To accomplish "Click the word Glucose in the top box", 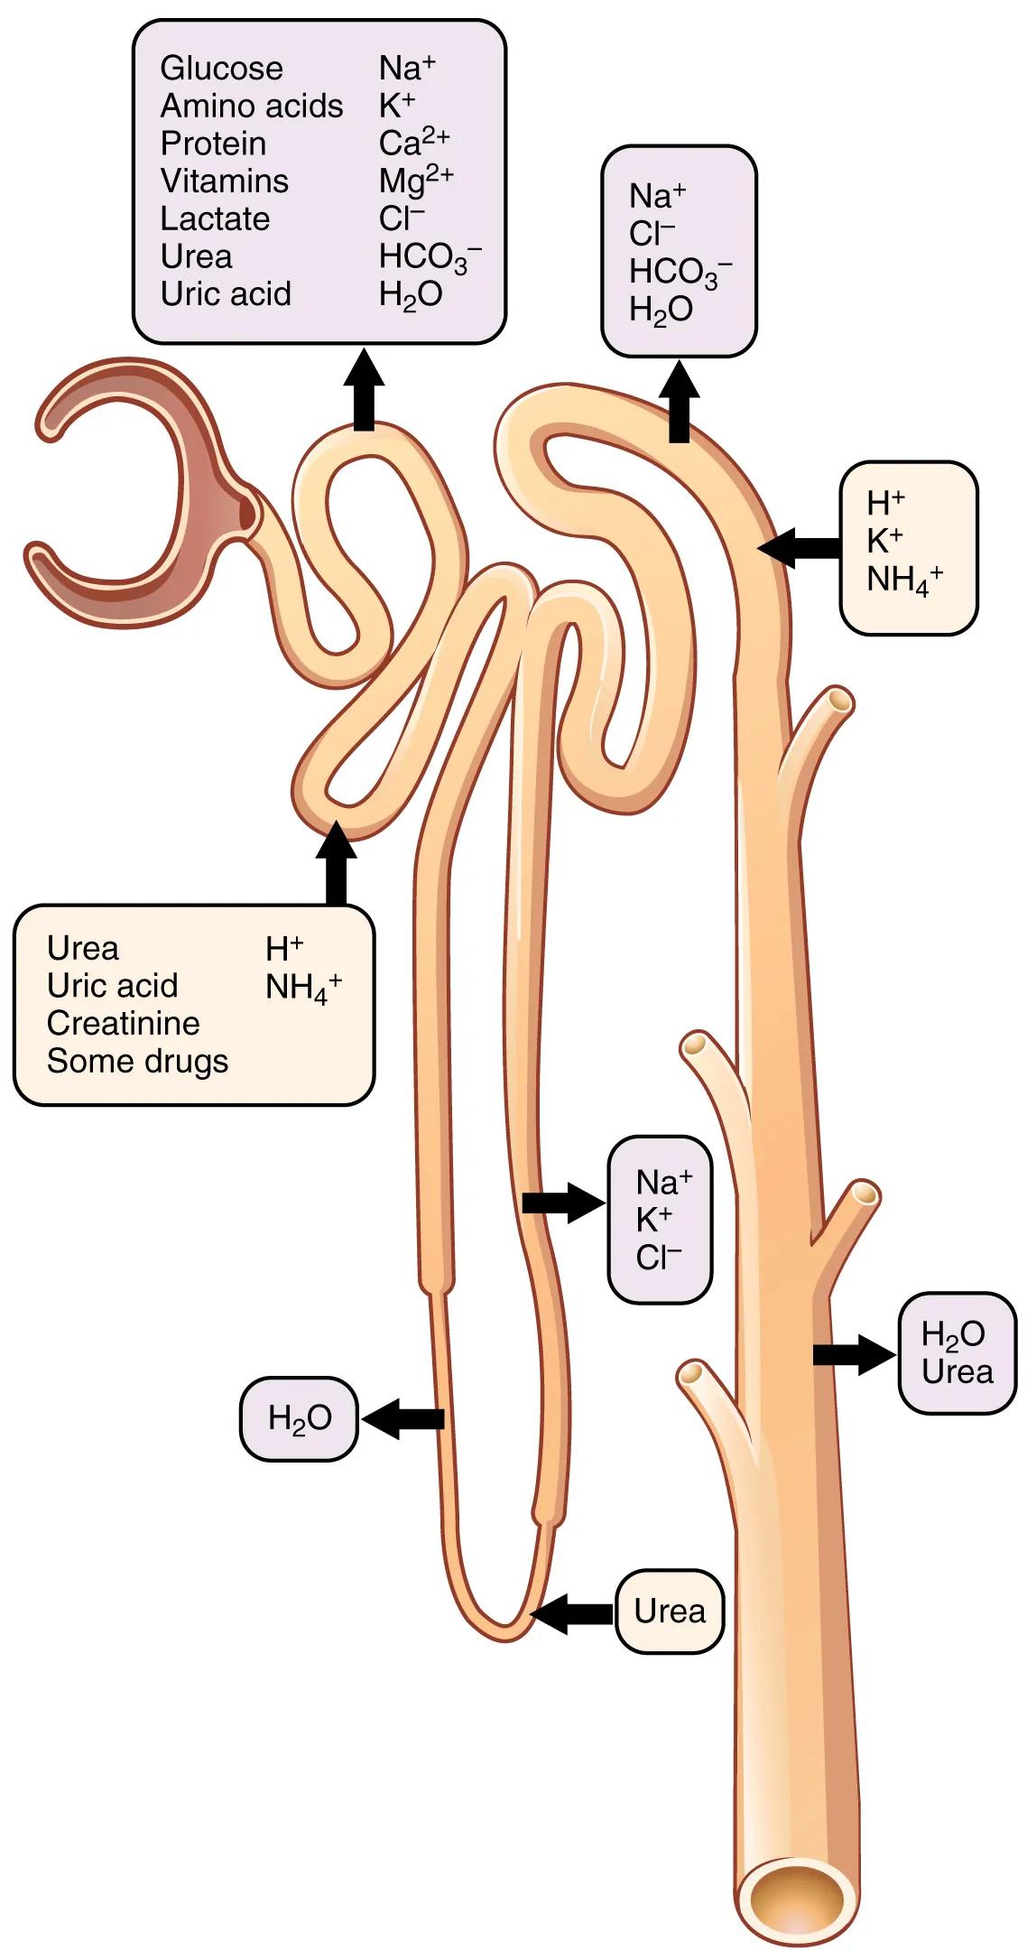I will tap(221, 69).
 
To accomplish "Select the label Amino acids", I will tap(252, 107).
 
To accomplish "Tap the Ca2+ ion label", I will tap(413, 143).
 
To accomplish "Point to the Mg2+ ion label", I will tap(415, 180).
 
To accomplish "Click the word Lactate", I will tap(215, 218).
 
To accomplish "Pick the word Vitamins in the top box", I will tap(224, 181).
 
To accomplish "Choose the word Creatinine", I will tap(123, 1023).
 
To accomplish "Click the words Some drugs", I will tap(137, 1061).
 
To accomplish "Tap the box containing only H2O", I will tap(299, 1418).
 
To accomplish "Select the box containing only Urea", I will tap(670, 1611).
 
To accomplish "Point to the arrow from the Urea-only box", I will tap(572, 1613).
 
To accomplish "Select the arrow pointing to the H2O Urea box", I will tap(853, 1353).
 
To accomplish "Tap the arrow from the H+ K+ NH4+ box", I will tap(798, 547).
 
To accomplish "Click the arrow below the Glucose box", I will tap(364, 389).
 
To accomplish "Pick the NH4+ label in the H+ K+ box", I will tap(903, 579).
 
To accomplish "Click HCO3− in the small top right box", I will tap(680, 271).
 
